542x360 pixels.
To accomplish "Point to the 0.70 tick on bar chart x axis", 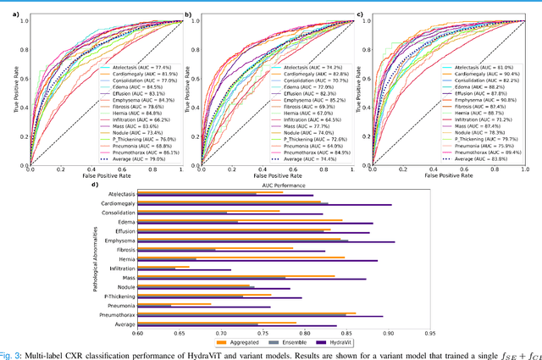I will click(220, 333).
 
